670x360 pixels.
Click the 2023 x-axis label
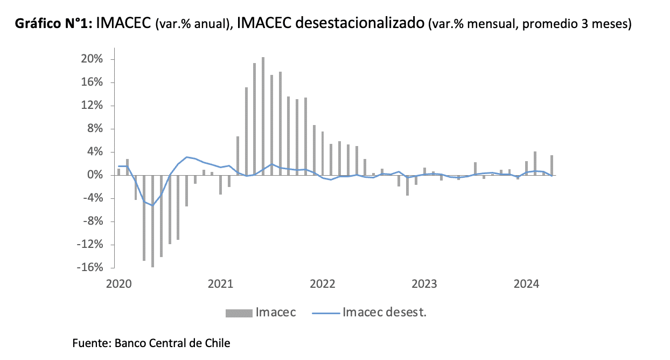point(425,283)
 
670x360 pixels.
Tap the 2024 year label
point(527,283)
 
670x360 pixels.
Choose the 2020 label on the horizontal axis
point(119,283)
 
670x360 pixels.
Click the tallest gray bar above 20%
point(263,116)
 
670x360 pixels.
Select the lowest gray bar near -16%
point(153,221)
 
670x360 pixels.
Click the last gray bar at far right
point(552,165)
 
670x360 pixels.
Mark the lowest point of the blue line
point(153,205)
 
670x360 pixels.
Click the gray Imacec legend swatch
point(238,313)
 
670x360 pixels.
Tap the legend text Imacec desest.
point(384,313)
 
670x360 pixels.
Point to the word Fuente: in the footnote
point(90,343)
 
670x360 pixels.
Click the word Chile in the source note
point(217,343)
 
